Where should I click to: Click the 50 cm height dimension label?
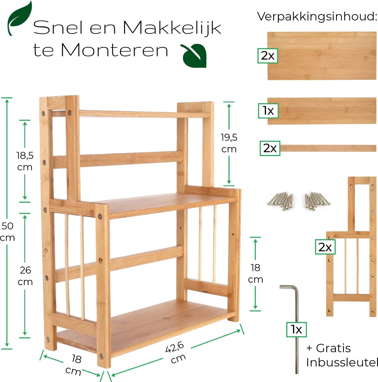(7, 232)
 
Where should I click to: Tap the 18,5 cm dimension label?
(25, 161)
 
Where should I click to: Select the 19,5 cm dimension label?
(229, 143)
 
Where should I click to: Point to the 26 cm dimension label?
(25, 276)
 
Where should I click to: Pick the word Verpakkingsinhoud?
(317, 17)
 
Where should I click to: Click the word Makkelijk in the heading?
(172, 28)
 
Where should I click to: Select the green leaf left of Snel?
(20, 18)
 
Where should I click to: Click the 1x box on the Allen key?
(296, 329)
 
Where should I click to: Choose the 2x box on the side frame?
(325, 247)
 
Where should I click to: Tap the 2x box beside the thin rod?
(270, 148)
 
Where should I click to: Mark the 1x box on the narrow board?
(268, 111)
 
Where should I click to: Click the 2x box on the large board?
(268, 56)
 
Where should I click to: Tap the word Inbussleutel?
(342, 362)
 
